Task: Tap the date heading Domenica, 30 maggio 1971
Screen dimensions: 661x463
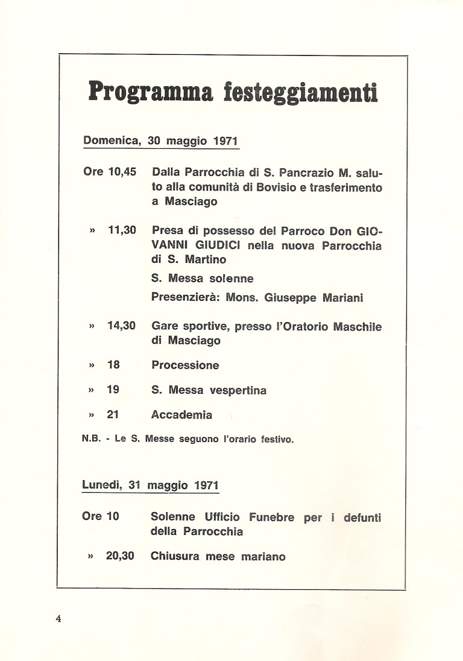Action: [161, 141]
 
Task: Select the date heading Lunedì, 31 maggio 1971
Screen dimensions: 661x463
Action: [150, 485]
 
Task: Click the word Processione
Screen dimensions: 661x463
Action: [186, 365]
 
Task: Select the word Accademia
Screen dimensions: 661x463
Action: [182, 415]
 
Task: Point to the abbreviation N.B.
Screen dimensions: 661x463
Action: [91, 440]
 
